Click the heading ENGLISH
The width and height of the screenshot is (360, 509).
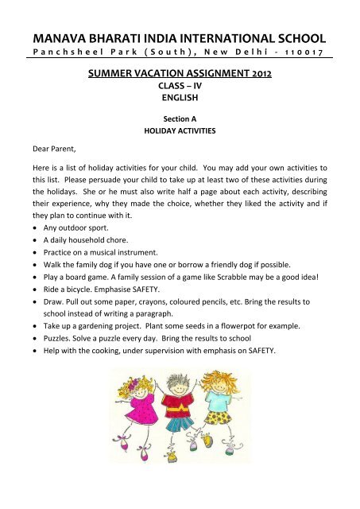click(180, 101)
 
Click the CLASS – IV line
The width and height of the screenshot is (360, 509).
click(180, 89)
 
